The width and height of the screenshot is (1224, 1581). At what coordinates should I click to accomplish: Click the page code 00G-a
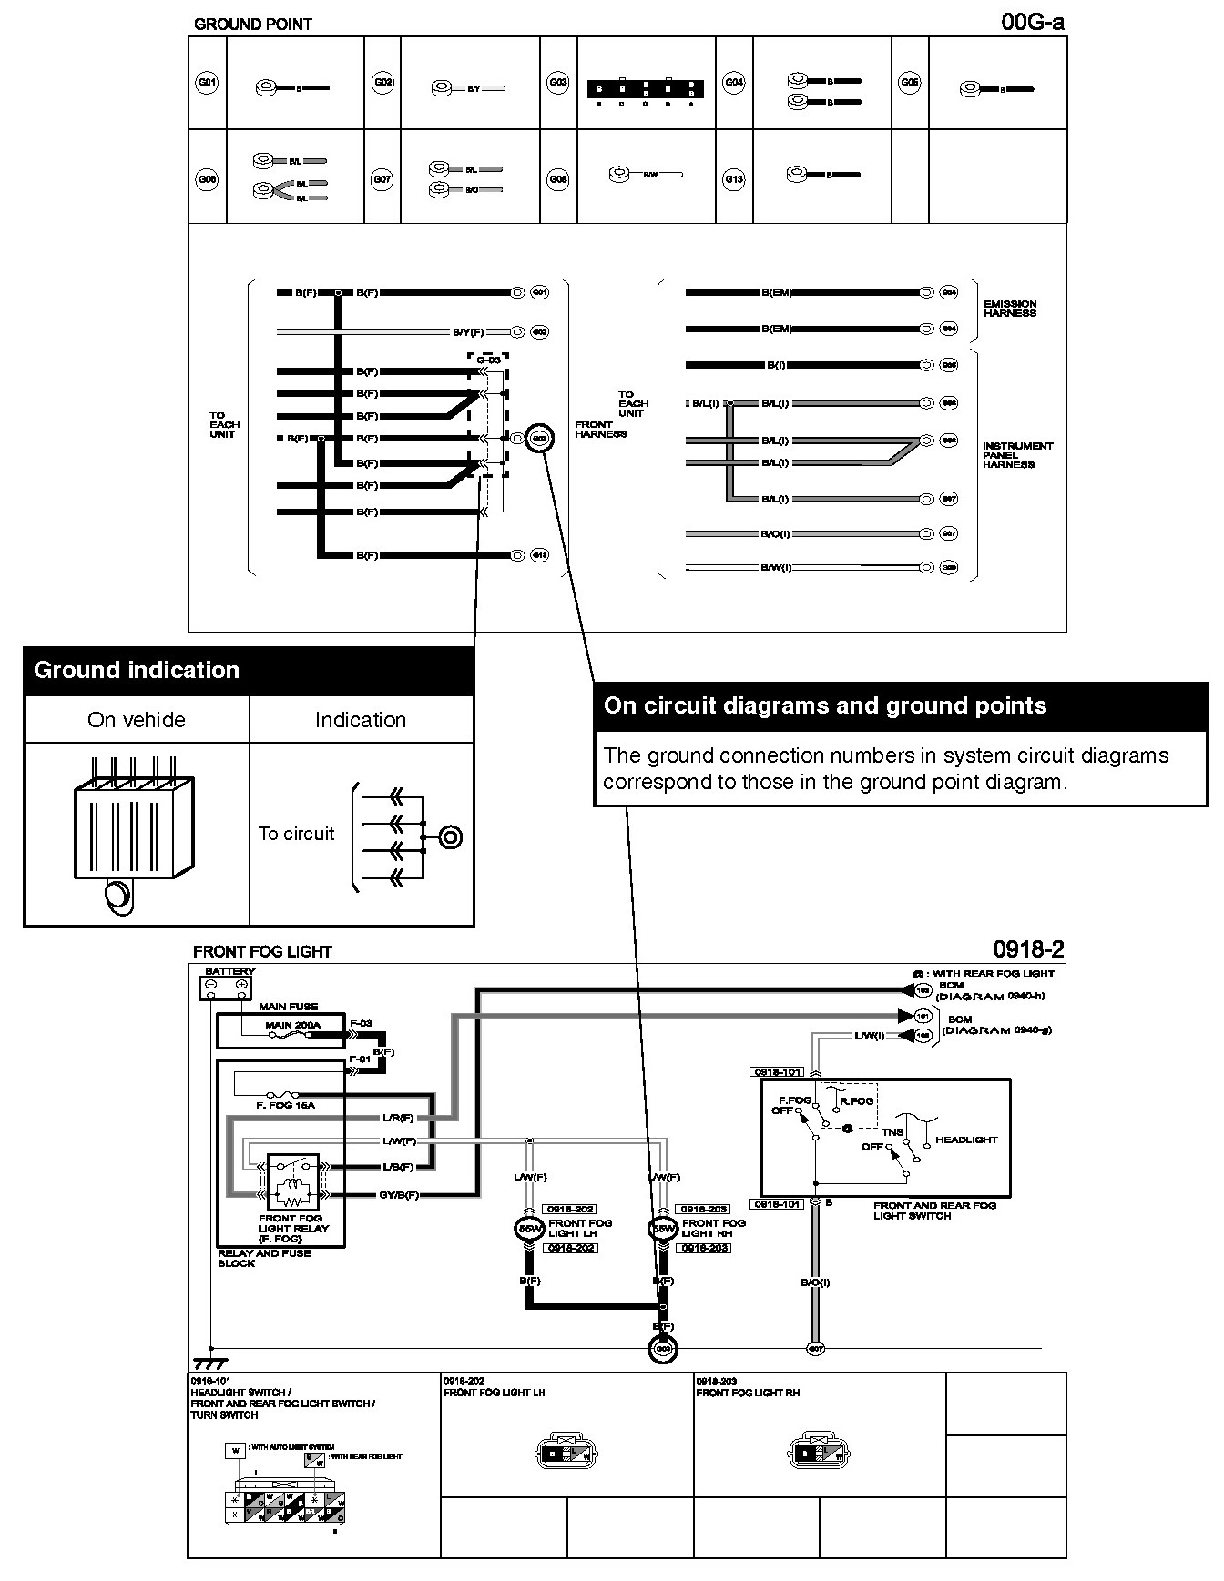1032,21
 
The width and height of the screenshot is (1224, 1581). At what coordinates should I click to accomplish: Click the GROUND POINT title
252,25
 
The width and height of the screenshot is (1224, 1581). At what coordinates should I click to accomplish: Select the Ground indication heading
137,671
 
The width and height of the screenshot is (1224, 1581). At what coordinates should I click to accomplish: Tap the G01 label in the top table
208,83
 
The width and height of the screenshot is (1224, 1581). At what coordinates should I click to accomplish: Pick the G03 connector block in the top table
645,89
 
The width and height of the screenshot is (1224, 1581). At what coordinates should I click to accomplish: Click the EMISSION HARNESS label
1009,309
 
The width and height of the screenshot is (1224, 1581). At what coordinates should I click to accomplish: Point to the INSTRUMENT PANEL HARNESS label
1017,455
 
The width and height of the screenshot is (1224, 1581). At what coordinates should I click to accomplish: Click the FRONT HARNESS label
600,430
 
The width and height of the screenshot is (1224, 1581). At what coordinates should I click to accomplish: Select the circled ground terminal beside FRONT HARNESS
539,438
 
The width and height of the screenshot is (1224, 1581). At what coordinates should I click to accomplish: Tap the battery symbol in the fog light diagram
226,986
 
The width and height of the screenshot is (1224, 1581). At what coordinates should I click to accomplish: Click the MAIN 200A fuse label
292,1025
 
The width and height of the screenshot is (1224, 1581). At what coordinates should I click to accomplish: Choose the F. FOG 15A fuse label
285,1105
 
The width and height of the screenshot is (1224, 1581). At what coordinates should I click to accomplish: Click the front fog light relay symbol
292,1182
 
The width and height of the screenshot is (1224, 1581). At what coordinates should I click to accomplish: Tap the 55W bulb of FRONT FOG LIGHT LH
529,1229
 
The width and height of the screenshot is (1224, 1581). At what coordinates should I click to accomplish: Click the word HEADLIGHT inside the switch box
966,1140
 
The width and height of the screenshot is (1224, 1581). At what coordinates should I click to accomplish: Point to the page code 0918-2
1028,949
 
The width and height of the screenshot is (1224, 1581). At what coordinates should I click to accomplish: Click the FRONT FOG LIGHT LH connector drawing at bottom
566,1454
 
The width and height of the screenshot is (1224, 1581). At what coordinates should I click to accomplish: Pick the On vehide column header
137,720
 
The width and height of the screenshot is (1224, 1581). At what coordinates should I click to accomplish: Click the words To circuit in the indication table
296,834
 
